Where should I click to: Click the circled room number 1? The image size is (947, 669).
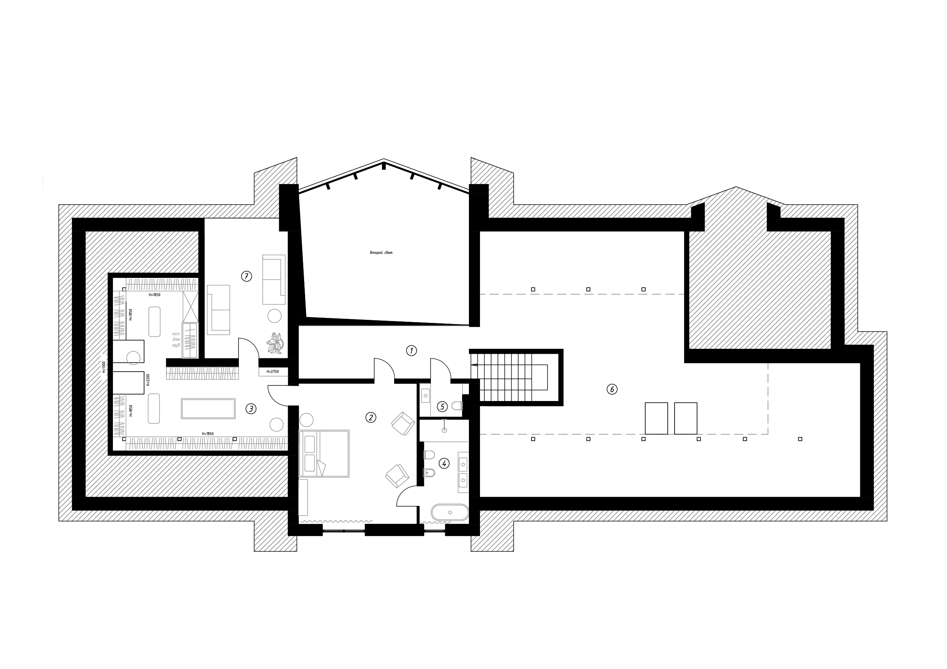411,351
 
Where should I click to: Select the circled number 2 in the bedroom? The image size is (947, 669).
370,417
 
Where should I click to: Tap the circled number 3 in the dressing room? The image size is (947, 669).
251,409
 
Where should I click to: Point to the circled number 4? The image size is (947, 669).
444,463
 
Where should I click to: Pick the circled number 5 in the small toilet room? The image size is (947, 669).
442,407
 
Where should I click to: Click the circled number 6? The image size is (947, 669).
612,389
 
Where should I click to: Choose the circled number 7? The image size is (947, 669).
246,276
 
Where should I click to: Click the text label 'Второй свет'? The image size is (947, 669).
381,253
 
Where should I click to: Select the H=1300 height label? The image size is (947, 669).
104,367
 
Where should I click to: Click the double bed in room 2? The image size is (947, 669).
324,453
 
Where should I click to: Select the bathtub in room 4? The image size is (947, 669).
449,512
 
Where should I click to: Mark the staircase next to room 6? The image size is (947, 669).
511,377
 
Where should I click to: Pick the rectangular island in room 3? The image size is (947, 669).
208,409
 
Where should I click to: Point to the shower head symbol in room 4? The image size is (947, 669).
444,430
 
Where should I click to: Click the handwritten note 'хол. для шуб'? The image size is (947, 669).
177,339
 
